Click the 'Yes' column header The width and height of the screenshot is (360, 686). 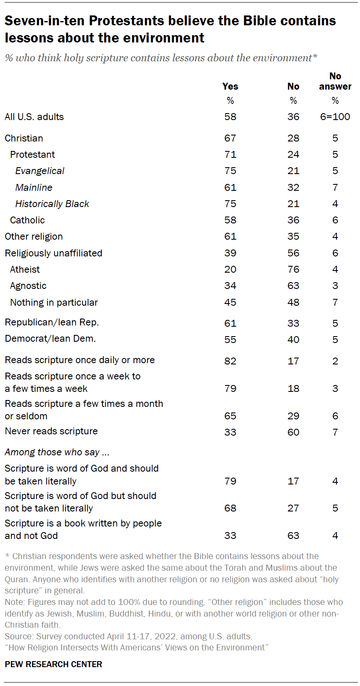pyautogui.click(x=230, y=86)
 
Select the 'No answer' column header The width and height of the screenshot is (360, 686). pyautogui.click(x=335, y=81)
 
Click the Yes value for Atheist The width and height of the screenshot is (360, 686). pyautogui.click(x=230, y=269)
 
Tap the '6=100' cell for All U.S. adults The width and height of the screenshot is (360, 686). pyautogui.click(x=335, y=117)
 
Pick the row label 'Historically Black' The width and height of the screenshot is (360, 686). pyautogui.click(x=52, y=204)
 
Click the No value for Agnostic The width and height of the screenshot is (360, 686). pyautogui.click(x=293, y=286)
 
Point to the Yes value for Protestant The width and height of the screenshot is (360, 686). pyautogui.click(x=230, y=154)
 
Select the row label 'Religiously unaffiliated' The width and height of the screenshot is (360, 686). pyautogui.click(x=54, y=253)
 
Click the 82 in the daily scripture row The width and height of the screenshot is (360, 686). pyautogui.click(x=230, y=361)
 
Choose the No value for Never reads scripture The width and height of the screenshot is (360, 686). pyautogui.click(x=293, y=432)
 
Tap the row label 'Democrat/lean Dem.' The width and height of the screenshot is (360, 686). pyautogui.click(x=50, y=339)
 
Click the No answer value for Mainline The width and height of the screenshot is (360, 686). pyautogui.click(x=335, y=187)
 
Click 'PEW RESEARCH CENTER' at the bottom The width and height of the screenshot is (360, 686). pyautogui.click(x=54, y=664)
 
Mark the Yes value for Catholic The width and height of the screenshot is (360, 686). pyautogui.click(x=230, y=220)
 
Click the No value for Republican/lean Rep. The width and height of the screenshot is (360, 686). pyautogui.click(x=293, y=323)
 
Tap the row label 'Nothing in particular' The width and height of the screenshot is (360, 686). pyautogui.click(x=54, y=302)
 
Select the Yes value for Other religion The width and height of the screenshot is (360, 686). pyautogui.click(x=230, y=236)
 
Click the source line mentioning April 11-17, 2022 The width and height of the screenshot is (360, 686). pyautogui.click(x=129, y=636)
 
